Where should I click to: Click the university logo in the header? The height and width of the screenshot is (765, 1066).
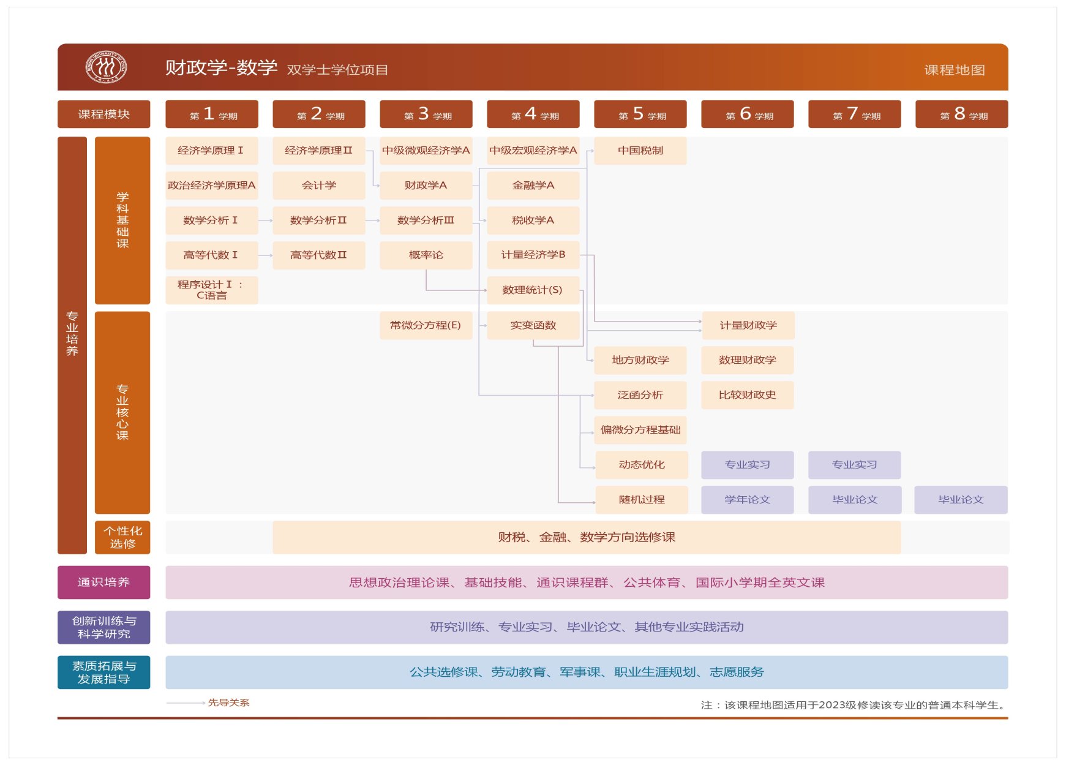click(x=106, y=67)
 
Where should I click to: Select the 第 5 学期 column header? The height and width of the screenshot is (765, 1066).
click(x=640, y=114)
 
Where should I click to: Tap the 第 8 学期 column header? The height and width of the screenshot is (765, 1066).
click(x=961, y=114)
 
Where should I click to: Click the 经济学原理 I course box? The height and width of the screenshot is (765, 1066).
click(x=211, y=151)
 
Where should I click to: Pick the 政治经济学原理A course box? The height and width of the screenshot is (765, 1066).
click(x=211, y=186)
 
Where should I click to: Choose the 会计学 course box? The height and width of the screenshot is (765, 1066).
click(x=318, y=186)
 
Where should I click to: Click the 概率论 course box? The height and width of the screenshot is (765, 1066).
click(x=426, y=255)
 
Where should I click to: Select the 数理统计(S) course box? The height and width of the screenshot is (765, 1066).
click(x=533, y=290)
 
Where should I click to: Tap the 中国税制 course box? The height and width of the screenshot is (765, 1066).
click(x=640, y=151)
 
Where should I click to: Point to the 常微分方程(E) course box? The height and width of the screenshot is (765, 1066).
click(x=426, y=325)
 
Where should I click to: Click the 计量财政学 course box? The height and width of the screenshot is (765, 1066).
click(x=748, y=325)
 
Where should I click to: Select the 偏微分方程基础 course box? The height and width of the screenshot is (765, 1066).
click(x=640, y=430)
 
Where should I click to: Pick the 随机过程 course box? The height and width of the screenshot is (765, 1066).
click(x=641, y=500)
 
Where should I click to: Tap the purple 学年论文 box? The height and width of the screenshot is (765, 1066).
click(x=747, y=500)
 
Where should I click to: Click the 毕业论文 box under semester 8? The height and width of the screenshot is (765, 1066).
click(x=961, y=500)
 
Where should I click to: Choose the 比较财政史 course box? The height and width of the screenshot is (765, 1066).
click(x=747, y=395)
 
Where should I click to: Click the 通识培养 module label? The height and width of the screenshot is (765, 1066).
click(x=103, y=582)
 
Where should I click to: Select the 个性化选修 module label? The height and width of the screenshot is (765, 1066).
click(x=122, y=537)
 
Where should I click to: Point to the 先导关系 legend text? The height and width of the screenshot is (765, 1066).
click(x=228, y=703)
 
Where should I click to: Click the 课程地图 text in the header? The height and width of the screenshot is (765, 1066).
click(x=954, y=70)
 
